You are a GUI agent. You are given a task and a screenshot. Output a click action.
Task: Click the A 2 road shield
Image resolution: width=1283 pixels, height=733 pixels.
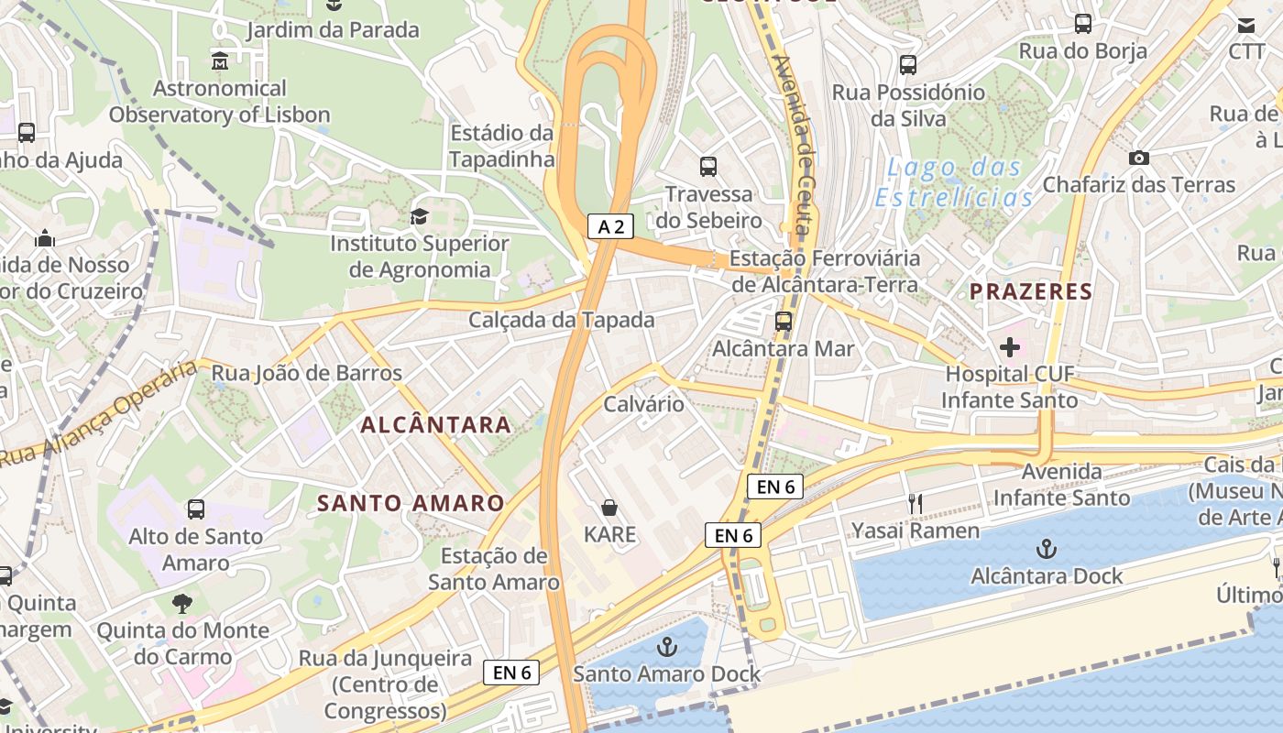click(611, 226)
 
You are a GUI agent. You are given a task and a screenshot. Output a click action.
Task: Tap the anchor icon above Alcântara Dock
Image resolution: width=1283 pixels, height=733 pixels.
click(1046, 550)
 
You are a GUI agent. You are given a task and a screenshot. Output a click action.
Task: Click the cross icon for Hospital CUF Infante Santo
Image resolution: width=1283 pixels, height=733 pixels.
click(1009, 347)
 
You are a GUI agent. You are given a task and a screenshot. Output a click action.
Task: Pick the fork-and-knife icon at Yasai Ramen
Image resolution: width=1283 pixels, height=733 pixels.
click(914, 503)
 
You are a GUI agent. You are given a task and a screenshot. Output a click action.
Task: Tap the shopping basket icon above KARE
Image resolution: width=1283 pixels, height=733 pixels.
click(609, 508)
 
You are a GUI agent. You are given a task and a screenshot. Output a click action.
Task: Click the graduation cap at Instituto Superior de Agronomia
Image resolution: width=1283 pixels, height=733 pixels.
click(419, 217)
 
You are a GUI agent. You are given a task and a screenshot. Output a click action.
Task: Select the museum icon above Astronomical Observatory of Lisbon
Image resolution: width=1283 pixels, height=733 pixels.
click(220, 61)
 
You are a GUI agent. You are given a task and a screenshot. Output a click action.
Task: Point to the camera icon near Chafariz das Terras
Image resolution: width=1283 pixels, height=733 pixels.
click(1138, 158)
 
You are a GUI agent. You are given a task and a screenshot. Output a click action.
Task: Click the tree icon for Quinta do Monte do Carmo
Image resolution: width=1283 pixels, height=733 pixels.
click(182, 603)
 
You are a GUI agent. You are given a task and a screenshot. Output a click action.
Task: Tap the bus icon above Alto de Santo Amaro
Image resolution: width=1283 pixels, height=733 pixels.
click(195, 509)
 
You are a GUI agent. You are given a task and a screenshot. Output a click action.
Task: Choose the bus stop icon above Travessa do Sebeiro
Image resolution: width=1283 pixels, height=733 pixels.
click(708, 167)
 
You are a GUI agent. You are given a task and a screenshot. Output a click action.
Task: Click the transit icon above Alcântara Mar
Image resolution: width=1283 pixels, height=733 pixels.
click(784, 322)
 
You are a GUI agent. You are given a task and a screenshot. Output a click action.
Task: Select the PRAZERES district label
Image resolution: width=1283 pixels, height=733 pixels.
click(1031, 292)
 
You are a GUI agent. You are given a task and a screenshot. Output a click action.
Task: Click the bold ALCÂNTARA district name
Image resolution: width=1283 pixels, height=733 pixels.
click(436, 424)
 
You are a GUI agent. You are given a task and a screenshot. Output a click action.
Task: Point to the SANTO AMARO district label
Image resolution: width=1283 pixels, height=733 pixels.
click(411, 503)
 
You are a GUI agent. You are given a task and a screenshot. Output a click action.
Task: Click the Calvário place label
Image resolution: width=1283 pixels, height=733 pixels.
click(643, 404)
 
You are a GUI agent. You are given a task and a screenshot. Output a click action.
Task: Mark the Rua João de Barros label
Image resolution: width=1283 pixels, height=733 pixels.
click(307, 373)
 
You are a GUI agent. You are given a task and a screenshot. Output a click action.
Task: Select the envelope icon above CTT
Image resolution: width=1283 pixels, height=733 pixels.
click(1246, 25)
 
